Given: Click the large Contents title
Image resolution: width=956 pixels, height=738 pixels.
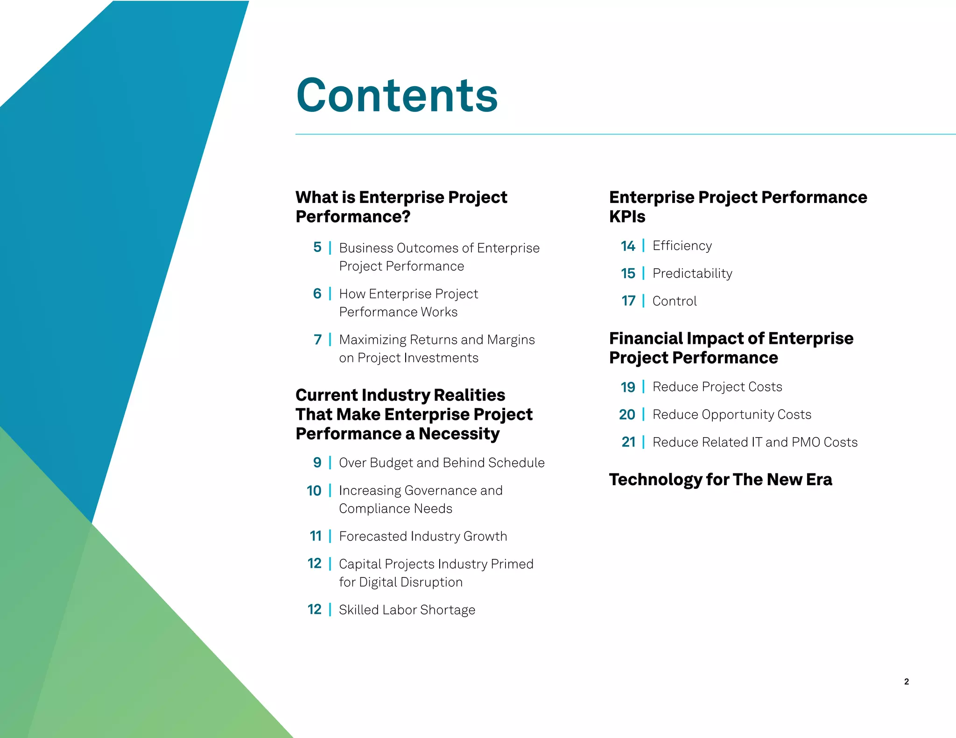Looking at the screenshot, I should (397, 96).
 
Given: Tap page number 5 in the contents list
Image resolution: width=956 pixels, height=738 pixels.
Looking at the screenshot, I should (317, 247).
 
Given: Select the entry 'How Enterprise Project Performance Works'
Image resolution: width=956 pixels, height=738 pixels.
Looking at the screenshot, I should (408, 303).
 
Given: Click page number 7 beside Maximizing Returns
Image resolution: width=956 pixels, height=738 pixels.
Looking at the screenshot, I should (317, 340).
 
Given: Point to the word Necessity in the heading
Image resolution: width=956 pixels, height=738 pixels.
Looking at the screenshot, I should (459, 434).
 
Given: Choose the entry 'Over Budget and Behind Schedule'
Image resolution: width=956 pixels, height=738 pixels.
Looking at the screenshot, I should (442, 463).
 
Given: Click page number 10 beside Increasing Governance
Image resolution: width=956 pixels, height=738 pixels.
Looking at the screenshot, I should (314, 491).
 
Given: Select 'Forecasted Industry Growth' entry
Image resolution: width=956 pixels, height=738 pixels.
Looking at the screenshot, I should (423, 536).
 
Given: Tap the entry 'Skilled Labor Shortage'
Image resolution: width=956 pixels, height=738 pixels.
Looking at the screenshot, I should (407, 610).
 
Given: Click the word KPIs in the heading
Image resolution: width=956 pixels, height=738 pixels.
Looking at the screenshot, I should (627, 217).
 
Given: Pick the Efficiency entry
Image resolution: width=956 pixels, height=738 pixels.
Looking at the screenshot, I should (682, 246).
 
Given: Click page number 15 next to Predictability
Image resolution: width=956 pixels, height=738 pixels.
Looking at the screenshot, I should (628, 273).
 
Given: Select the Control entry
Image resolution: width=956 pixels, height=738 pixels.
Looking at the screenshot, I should (674, 301).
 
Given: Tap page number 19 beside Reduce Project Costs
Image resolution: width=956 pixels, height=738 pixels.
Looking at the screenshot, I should (628, 387).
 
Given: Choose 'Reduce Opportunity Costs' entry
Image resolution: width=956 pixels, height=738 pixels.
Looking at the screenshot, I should (731, 415).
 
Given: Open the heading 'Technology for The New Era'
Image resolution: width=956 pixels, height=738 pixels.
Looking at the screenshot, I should (720, 480).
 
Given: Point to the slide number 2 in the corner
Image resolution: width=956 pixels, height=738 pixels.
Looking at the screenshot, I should (906, 682).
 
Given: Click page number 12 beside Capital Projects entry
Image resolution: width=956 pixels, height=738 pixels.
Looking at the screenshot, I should (314, 564).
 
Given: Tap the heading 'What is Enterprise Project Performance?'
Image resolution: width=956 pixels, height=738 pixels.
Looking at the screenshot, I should (401, 207).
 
